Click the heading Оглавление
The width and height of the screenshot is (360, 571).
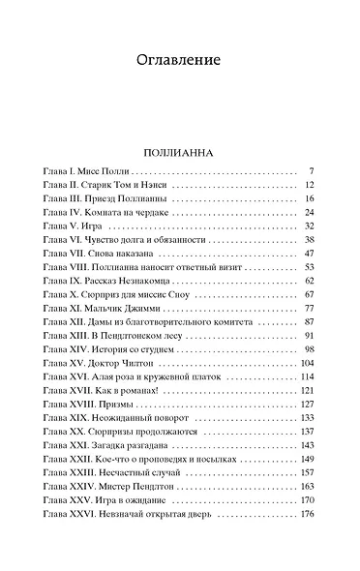pyautogui.click(x=179, y=60)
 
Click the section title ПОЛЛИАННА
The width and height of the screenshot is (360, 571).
pyautogui.click(x=179, y=152)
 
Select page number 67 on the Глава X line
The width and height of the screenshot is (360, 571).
pyautogui.click(x=310, y=293)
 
